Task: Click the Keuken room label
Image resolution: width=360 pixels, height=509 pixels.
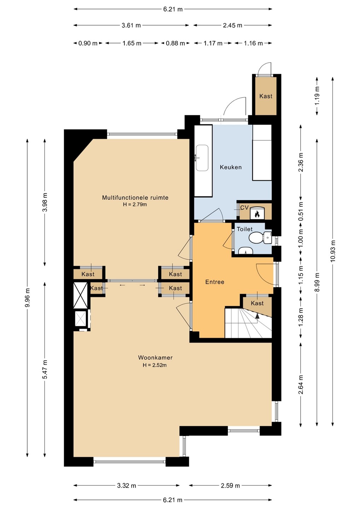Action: tap(231, 167)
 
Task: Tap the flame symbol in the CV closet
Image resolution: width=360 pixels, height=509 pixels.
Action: tap(257, 214)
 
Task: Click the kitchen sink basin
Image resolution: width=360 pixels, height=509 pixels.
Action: tap(202, 158)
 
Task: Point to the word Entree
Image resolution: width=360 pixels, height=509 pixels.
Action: tap(215, 282)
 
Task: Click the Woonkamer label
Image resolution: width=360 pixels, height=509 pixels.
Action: tap(155, 357)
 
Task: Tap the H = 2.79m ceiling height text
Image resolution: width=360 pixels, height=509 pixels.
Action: tap(135, 204)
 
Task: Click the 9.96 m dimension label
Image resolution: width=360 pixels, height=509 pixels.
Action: tap(27, 298)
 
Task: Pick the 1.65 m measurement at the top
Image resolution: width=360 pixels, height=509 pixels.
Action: tap(132, 43)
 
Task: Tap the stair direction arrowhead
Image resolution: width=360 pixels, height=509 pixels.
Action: tap(257, 316)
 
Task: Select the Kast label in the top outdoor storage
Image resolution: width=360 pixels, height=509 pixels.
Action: tap(266, 96)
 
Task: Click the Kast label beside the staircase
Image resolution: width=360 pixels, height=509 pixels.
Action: tap(257, 303)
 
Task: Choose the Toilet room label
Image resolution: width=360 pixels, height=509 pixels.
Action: tap(245, 229)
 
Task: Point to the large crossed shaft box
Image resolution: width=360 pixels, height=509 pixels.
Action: tap(81, 295)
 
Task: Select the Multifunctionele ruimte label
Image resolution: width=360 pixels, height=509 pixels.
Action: tap(135, 198)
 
